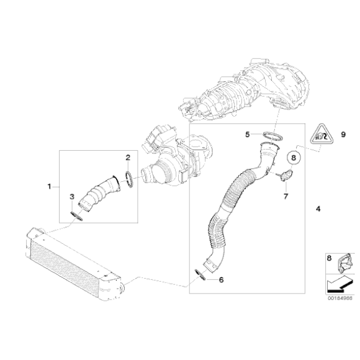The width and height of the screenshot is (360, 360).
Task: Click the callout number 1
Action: pos(50,186)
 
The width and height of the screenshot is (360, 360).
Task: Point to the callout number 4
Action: pos(317,209)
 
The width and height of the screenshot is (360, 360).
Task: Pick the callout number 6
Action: pos(221,279)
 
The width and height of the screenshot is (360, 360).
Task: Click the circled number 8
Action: pos(294,158)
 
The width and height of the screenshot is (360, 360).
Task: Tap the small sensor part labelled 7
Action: pos(286,176)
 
